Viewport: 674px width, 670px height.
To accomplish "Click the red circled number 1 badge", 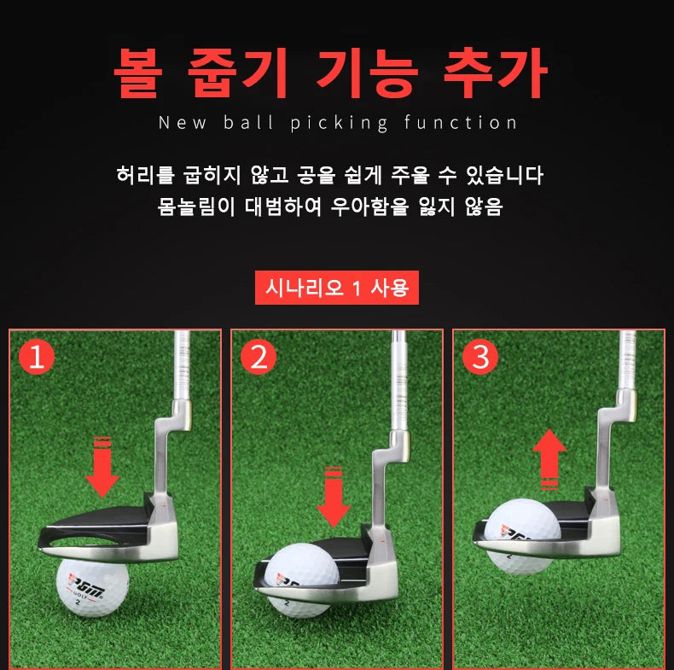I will coord(36,358).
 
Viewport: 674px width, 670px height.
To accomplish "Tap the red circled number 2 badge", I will coord(258,358).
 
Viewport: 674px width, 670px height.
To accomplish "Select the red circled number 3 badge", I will coord(480,358).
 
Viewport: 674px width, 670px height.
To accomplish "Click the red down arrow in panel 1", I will coord(102,468).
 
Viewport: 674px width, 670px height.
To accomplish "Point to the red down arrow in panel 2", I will coord(333,498).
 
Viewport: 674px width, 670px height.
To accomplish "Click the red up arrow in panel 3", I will coord(550,459).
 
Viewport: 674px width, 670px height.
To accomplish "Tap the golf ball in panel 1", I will coord(92,587).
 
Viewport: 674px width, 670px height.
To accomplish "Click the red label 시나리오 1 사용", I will coord(337,288).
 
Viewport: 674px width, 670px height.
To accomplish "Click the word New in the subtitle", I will coord(182,123).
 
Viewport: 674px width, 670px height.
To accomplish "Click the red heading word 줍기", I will coord(242,74).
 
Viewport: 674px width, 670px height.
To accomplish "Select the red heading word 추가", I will coord(495,74).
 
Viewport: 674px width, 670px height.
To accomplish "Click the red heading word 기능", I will coord(368,74).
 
